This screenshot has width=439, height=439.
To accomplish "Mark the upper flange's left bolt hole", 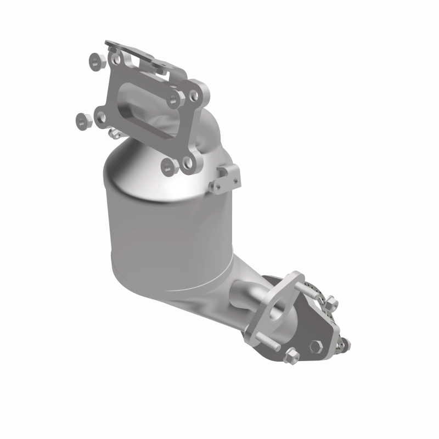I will pyautogui.click(x=100, y=116).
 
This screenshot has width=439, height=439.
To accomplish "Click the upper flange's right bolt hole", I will pyautogui.click(x=193, y=95).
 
